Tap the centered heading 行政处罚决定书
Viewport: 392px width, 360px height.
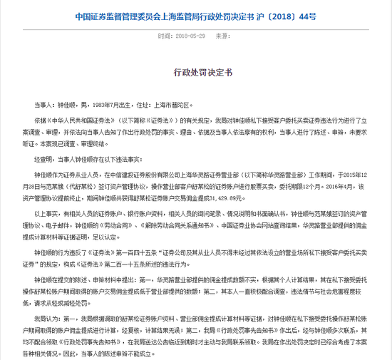pos(195,73)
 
